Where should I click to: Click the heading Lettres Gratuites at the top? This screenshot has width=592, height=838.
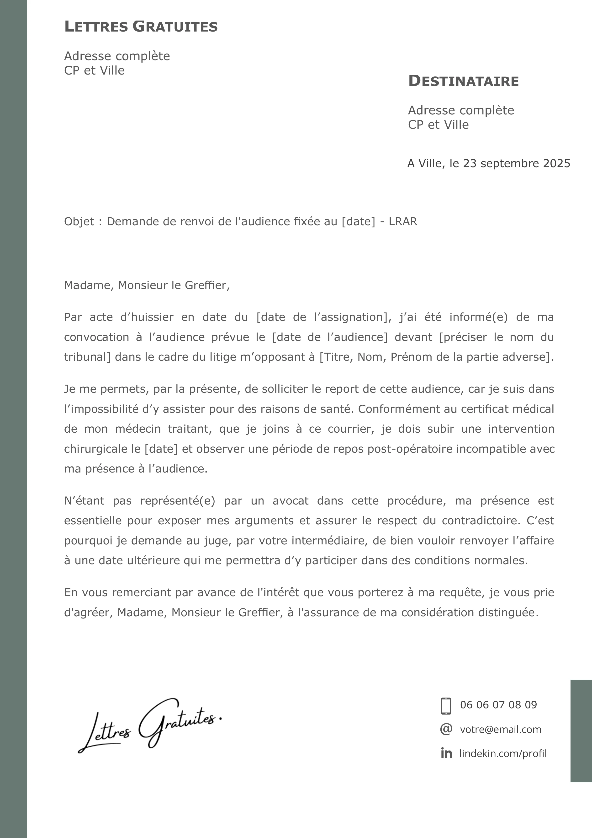141,27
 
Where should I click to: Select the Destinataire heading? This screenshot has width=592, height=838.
463,81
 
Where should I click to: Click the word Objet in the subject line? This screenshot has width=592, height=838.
79,221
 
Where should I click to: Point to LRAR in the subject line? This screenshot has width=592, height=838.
403,221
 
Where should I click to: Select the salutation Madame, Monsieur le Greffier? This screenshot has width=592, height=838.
147,285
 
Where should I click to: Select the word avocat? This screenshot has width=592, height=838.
290,500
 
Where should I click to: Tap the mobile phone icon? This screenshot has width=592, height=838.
446,706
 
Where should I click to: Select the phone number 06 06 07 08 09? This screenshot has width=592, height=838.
498,705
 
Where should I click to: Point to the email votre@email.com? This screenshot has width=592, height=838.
500,730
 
